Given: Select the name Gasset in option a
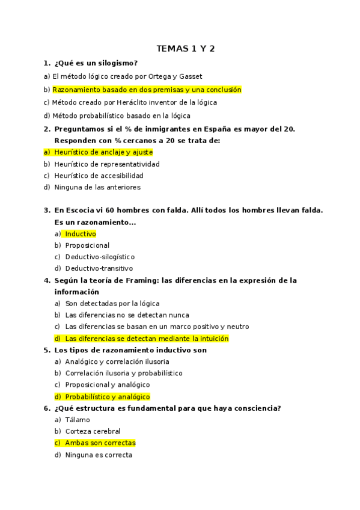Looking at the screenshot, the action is pos(191,76).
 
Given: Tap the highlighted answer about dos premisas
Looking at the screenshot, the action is pos(147,90).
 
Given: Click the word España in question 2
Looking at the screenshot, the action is pos(216,129).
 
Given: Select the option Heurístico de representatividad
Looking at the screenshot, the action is pos(107,164).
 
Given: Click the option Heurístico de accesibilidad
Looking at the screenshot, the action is pos(99,176).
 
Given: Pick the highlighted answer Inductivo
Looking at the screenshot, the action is pos(81,234).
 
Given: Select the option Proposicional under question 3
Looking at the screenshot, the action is pos(87,245).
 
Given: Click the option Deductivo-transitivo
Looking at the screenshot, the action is pos(99,268).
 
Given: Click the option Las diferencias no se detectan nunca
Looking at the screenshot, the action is pos(127,315).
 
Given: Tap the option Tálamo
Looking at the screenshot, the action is pos(78,420).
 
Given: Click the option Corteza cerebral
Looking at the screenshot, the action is pos(93,431).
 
